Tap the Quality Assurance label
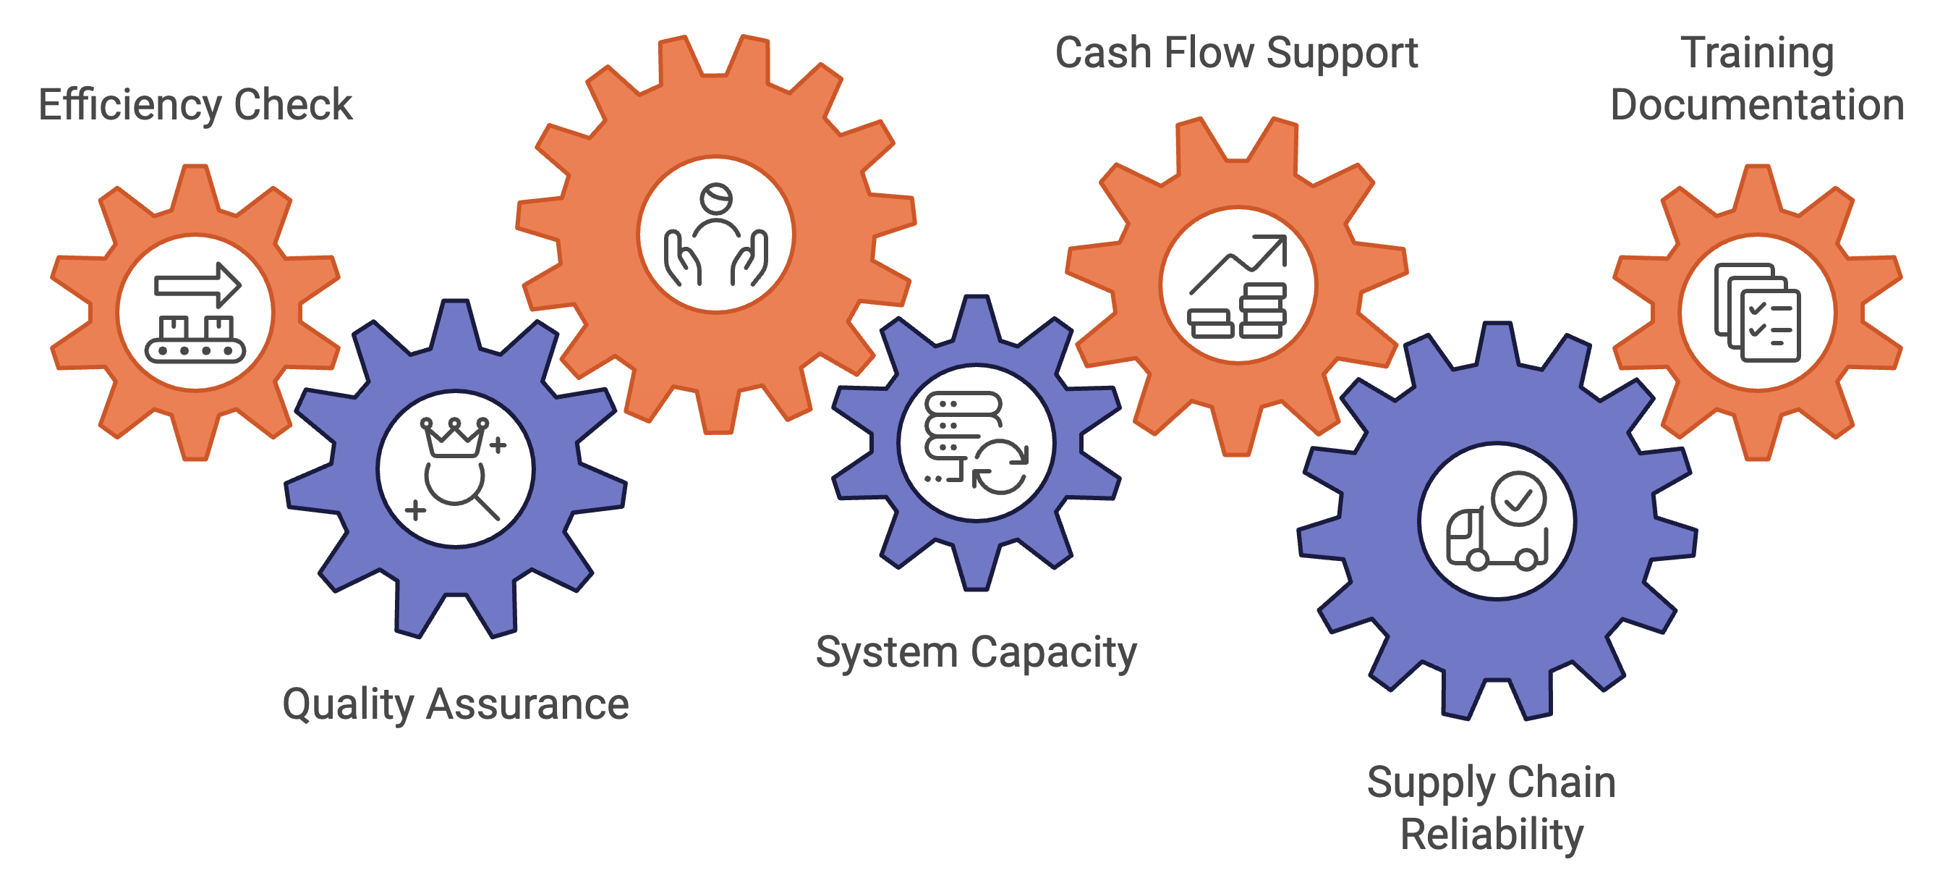455,704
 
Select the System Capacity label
976,652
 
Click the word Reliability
1491,834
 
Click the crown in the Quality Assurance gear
454,437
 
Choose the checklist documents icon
1757,313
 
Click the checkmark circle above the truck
1520,498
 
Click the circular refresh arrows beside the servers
1000,468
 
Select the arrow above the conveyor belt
198,284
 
